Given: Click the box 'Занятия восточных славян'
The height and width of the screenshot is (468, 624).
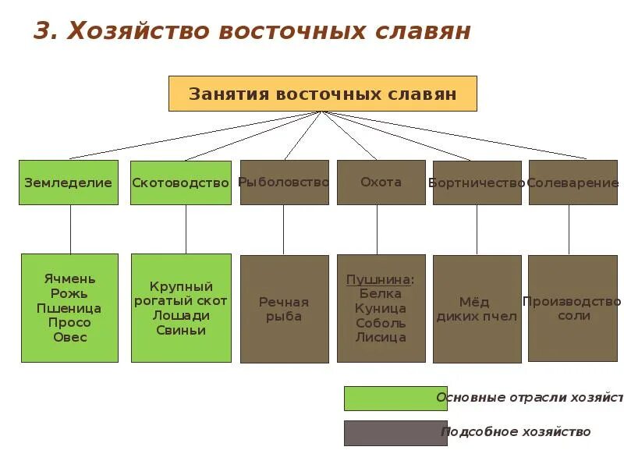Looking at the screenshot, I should (x=322, y=94).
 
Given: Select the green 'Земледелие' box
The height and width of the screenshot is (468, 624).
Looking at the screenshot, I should (x=69, y=183).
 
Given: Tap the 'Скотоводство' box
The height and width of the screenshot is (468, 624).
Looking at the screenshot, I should (x=181, y=183).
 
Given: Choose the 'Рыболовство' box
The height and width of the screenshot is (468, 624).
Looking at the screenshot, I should (x=284, y=183).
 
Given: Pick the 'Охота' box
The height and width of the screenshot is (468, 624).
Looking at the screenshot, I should (x=381, y=183).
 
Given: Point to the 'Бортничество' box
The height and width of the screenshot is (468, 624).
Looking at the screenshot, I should (x=477, y=183).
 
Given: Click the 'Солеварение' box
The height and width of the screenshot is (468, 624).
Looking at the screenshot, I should (x=573, y=183).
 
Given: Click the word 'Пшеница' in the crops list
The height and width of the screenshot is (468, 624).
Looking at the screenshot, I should (x=69, y=308).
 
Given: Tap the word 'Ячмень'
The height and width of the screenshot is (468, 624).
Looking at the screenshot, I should (x=69, y=278).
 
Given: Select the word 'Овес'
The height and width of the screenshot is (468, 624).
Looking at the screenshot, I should (x=69, y=337).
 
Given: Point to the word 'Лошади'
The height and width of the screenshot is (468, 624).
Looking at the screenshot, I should (x=181, y=315).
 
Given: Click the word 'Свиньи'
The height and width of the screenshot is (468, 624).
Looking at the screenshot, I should (x=180, y=330).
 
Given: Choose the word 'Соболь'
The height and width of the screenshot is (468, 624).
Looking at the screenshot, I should (x=381, y=323).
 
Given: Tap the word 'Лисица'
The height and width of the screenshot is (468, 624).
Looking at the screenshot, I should (x=381, y=338).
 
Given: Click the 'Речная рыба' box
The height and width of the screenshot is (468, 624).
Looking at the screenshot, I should (x=284, y=309).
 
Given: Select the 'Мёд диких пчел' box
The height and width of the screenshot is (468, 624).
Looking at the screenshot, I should (x=477, y=309).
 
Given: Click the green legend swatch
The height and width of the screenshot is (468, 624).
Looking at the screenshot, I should (x=395, y=398).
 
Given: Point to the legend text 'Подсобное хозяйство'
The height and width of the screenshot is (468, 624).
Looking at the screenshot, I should (x=516, y=431).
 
